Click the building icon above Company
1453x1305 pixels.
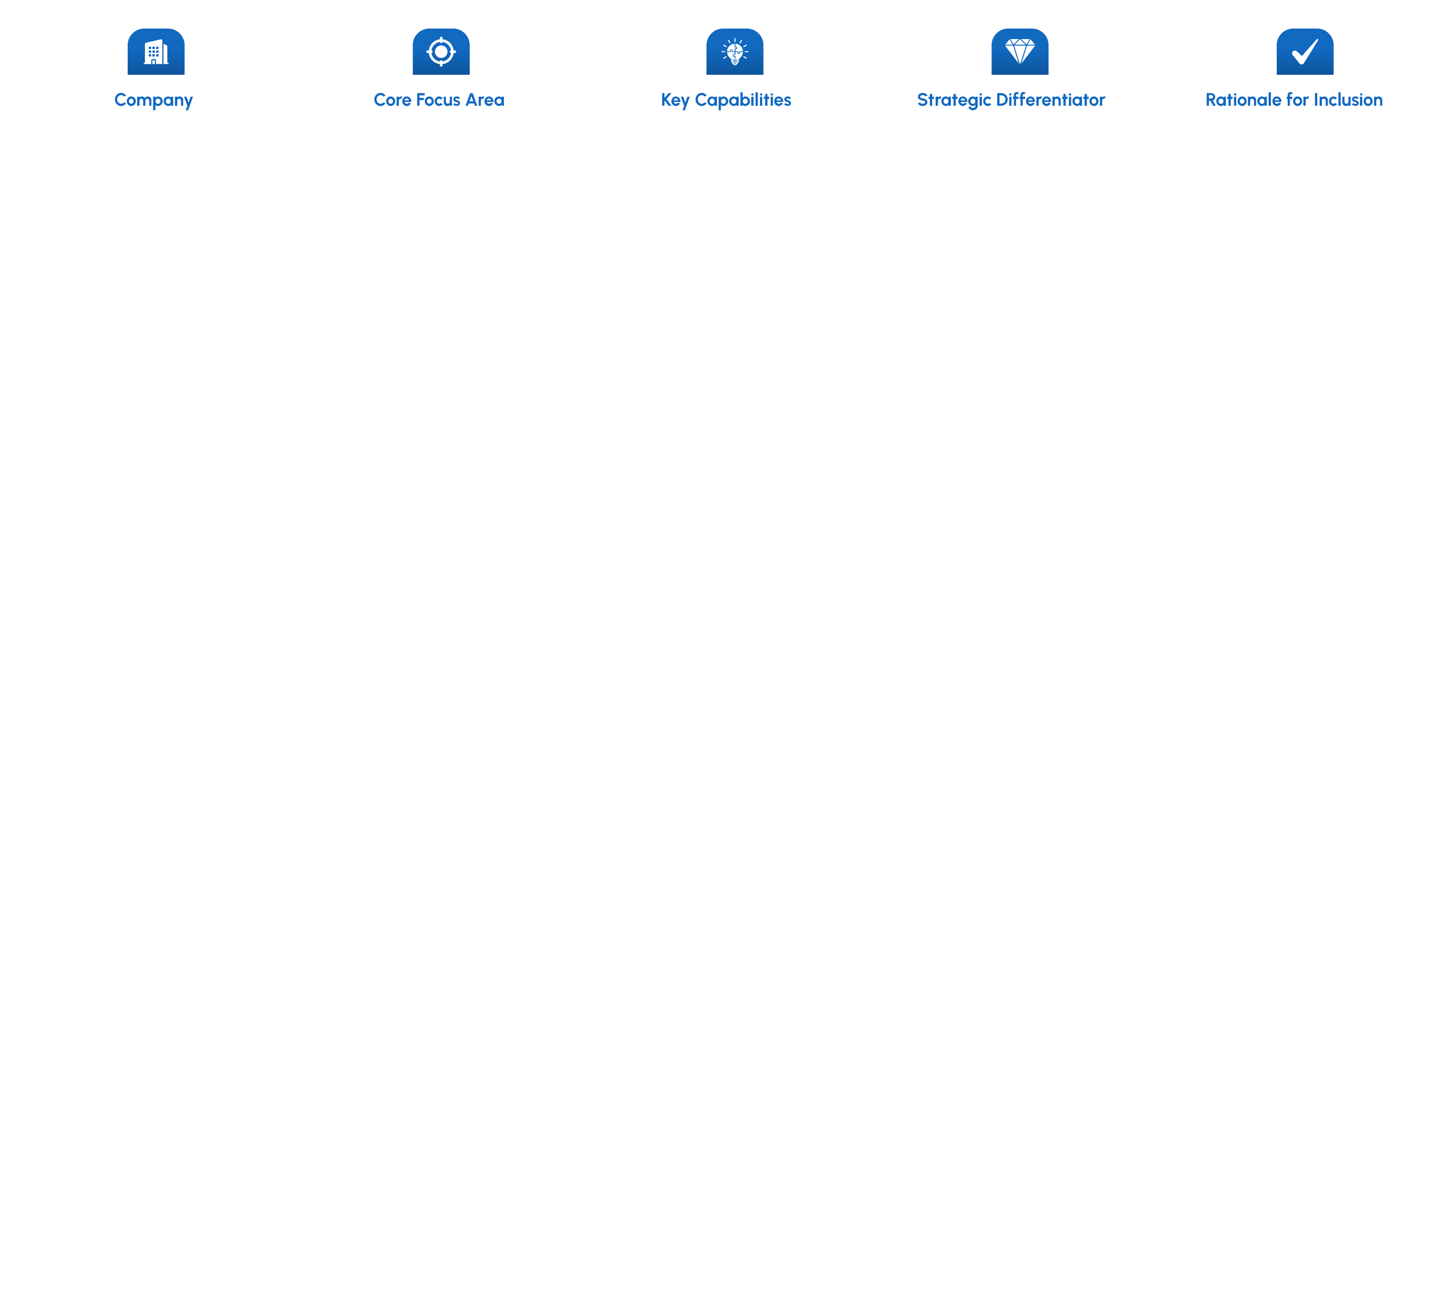click(156, 51)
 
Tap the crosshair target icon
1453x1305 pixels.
click(441, 51)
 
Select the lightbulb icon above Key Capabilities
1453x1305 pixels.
click(735, 51)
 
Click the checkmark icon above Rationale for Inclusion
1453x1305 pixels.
click(1304, 51)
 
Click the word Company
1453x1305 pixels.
click(153, 100)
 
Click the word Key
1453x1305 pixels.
click(675, 100)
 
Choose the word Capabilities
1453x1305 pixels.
click(743, 100)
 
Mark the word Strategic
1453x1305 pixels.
click(954, 100)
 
